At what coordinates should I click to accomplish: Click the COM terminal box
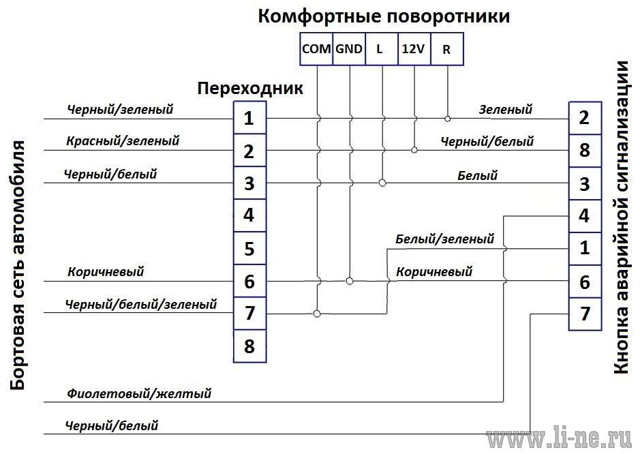tap(316, 49)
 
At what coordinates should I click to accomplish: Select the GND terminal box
tap(349, 49)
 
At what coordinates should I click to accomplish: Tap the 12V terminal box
tap(414, 49)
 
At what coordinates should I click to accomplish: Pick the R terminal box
tap(447, 49)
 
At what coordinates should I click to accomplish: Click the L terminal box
tap(382, 49)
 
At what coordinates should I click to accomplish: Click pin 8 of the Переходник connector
tap(249, 346)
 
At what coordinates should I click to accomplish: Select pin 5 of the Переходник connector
tap(249, 248)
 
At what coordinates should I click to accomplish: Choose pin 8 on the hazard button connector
tap(585, 151)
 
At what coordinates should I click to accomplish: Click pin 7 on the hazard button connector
tap(585, 314)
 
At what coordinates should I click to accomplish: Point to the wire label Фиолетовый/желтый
tap(139, 393)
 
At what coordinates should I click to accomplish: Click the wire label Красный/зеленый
tap(123, 141)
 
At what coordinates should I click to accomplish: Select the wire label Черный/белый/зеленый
tap(141, 304)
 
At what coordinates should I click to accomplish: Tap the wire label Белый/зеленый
tap(445, 239)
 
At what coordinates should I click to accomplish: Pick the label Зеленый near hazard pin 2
tap(506, 110)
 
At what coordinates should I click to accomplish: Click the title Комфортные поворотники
tap(384, 17)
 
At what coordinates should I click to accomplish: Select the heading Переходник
tap(250, 88)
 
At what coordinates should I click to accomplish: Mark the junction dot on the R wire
tap(447, 119)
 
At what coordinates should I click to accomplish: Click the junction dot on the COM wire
tap(317, 314)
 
